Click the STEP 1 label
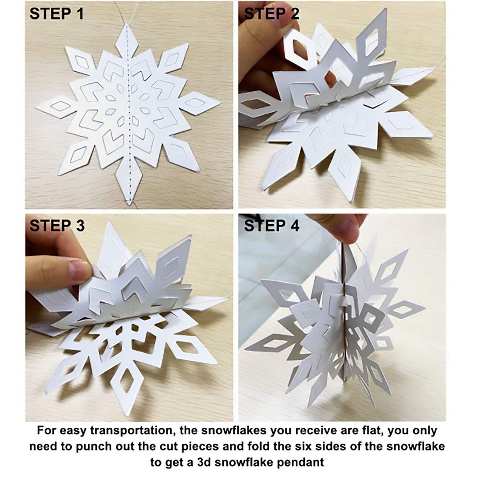coord(57,14)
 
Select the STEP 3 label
coord(57,225)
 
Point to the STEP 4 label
coord(271,225)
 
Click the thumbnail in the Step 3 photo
coord(79,271)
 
